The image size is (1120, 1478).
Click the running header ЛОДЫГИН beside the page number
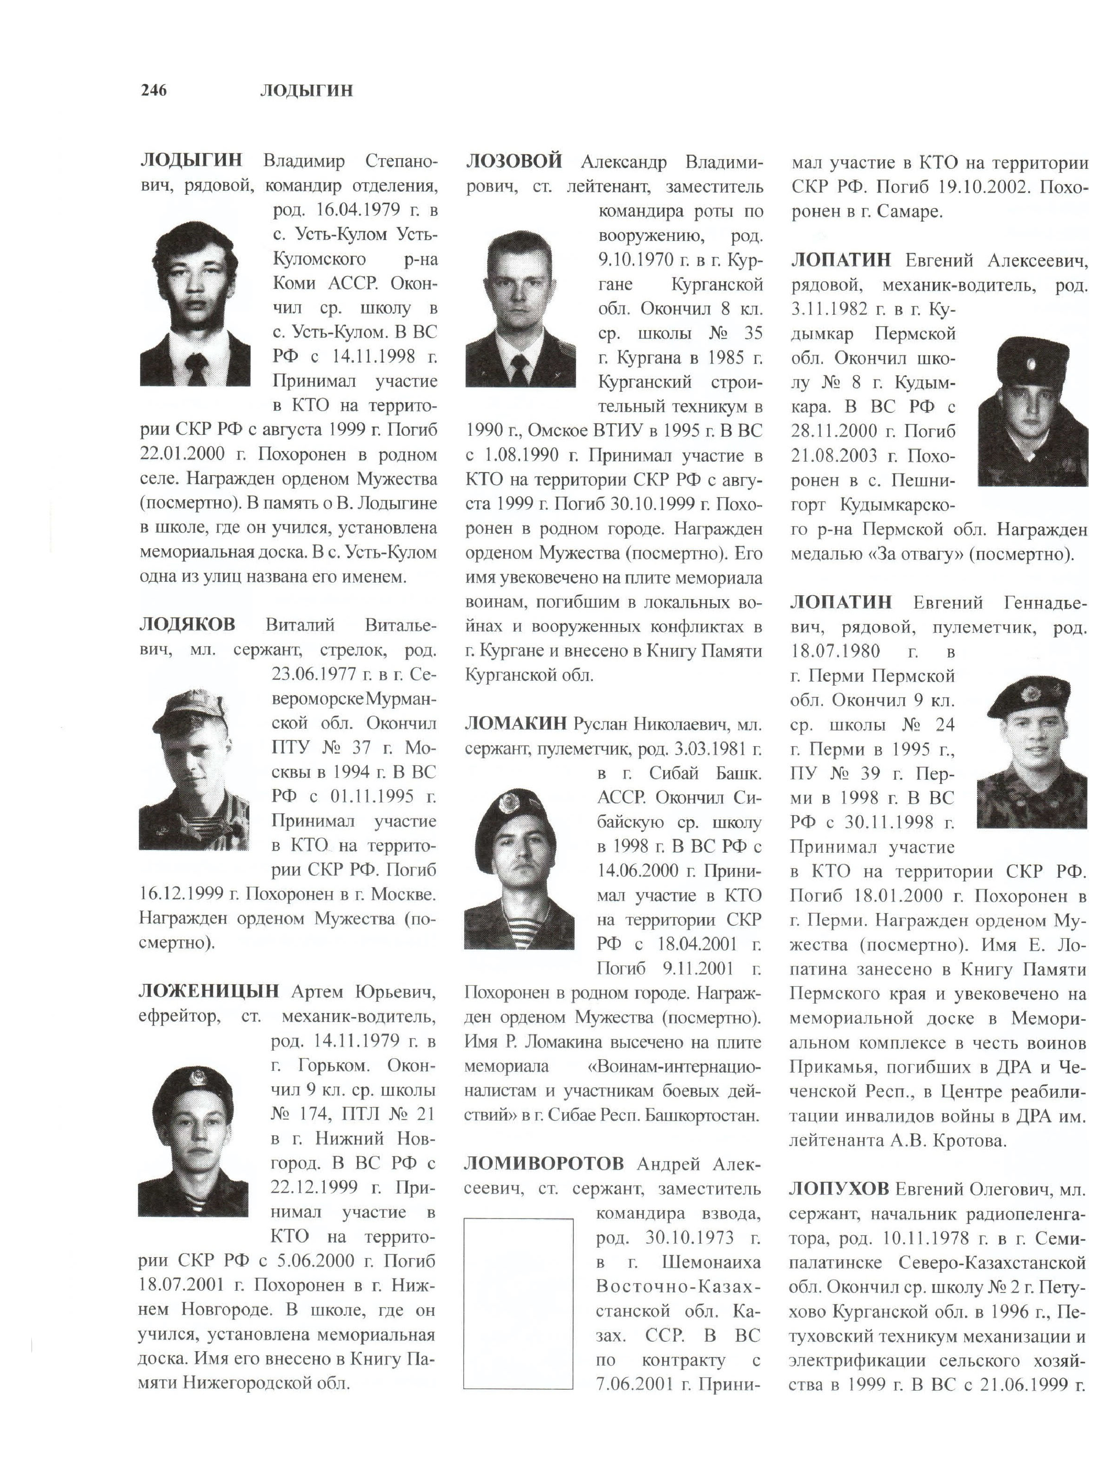coord(306,90)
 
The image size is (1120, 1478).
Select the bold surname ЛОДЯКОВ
coord(187,624)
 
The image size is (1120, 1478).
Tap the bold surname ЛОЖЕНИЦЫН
coord(208,991)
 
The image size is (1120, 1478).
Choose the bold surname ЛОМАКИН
coord(515,724)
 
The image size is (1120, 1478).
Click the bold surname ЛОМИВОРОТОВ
coord(543,1164)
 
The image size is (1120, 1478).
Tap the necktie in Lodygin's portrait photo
coord(195,366)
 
